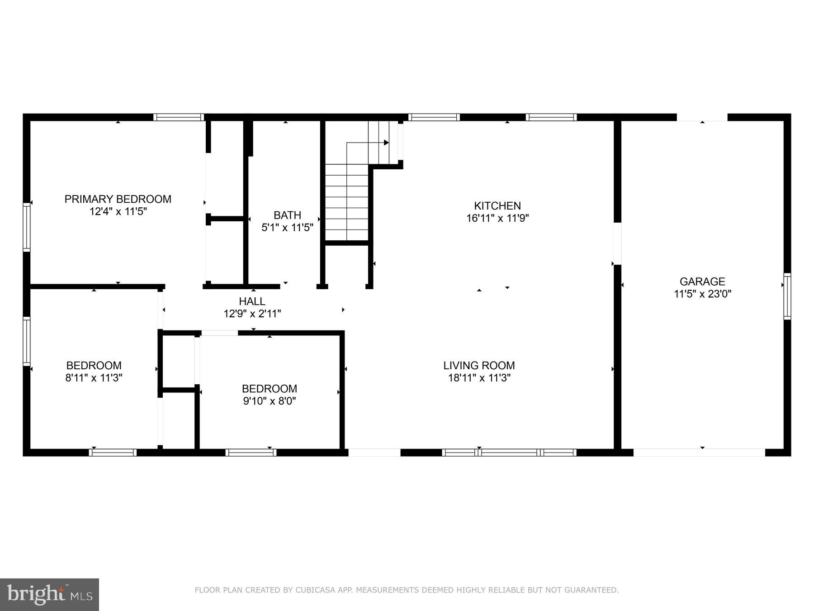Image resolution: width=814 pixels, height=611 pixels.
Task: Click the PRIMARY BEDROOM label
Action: tap(118, 199)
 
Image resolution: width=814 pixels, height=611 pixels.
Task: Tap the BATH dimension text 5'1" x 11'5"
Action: tap(287, 228)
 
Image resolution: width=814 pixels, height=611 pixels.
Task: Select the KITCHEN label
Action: tap(497, 205)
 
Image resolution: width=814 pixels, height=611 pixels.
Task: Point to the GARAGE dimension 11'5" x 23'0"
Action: tap(702, 294)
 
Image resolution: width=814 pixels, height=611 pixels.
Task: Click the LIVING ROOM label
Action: tap(479, 365)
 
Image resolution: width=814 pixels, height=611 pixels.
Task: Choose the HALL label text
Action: tap(252, 301)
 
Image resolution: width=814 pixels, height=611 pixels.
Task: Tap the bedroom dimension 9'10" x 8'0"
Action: tap(269, 401)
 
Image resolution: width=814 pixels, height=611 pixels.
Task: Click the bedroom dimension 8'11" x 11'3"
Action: tap(94, 378)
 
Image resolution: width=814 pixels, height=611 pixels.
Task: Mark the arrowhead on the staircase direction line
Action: tap(386, 143)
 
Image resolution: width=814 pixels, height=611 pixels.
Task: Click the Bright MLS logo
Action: tap(49, 594)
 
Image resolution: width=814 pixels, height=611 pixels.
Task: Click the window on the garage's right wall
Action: tap(787, 296)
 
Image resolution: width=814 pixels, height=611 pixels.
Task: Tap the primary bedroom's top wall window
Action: tap(178, 117)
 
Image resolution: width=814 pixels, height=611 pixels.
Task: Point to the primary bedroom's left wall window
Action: tap(27, 227)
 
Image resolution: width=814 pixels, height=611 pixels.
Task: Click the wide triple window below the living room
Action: tap(509, 452)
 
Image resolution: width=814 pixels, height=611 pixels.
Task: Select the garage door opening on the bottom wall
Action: tap(699, 452)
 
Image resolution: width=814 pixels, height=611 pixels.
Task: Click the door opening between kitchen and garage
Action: tap(617, 243)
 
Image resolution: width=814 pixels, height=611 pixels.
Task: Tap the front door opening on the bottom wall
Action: tap(374, 452)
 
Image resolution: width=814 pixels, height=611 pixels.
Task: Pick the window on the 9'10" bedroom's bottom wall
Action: tap(251, 452)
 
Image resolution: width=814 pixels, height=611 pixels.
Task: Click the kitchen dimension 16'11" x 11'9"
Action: tap(497, 218)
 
